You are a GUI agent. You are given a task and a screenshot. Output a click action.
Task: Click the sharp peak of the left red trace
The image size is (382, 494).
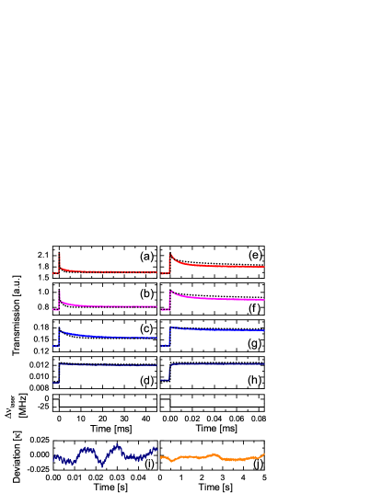(59, 254)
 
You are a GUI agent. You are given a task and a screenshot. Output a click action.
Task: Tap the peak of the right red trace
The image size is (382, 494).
(170, 255)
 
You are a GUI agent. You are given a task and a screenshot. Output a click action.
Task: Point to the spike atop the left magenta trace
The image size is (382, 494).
(59, 292)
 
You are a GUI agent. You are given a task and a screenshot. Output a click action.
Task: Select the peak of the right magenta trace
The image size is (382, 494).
(170, 292)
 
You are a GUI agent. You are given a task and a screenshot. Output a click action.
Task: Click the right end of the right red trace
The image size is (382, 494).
(264, 267)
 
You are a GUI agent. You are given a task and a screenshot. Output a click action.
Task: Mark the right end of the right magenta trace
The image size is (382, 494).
(264, 299)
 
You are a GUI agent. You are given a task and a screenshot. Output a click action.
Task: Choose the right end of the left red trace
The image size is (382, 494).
(156, 271)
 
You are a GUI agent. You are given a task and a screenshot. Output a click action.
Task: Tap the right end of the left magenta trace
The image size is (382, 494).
(156, 306)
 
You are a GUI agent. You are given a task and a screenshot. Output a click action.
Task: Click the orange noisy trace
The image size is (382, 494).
(212, 456)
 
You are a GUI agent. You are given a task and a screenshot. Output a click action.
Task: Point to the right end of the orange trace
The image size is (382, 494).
(264, 454)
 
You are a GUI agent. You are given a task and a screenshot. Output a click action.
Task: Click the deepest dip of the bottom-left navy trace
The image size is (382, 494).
(102, 465)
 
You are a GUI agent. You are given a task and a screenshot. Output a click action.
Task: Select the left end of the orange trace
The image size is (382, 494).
(161, 456)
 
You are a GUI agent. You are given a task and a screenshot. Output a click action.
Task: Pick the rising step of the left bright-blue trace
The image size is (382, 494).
(59, 338)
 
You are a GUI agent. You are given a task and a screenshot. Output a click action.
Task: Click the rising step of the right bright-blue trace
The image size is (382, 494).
(169, 335)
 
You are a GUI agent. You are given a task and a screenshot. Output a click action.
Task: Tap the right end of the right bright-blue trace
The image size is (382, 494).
(264, 330)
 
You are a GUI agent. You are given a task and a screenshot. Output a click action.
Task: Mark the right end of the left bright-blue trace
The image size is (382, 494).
(156, 338)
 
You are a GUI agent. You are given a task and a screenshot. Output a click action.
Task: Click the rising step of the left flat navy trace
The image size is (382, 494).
(59, 373)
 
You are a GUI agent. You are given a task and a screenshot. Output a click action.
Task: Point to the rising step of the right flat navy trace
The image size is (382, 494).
(169, 372)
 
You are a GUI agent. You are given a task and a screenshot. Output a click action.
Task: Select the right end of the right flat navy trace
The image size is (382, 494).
(264, 364)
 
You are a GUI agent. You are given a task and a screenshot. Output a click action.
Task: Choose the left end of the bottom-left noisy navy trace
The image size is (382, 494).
(53, 456)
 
